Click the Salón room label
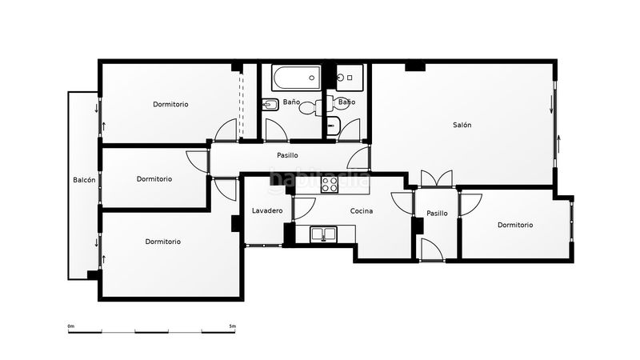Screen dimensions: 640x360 coord(462,125)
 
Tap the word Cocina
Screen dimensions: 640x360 coord(362,211)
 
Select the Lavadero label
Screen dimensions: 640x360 coord(267,210)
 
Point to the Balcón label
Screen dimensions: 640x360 coord(84,180)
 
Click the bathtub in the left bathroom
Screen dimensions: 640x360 coord(297,78)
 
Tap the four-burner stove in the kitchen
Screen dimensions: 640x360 coord(330,185)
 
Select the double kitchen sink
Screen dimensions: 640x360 coord(324,234)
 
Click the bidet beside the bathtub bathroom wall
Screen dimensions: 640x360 coord(269,105)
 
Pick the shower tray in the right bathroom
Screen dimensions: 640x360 coord(350,78)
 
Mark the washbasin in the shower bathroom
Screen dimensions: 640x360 coord(334,126)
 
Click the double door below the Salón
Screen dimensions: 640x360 coord(437,178)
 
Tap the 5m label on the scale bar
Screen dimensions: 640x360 coord(232,326)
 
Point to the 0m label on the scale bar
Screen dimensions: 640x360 coord(71,326)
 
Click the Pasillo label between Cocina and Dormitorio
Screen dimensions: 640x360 coord(437,213)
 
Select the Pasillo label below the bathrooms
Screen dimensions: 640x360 coord(287,155)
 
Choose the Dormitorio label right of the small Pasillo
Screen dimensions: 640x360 coord(515,225)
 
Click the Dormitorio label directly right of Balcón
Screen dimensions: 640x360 coord(154,178)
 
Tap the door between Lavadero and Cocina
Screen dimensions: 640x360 coord(304,208)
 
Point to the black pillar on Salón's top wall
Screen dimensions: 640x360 coord(415,67)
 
